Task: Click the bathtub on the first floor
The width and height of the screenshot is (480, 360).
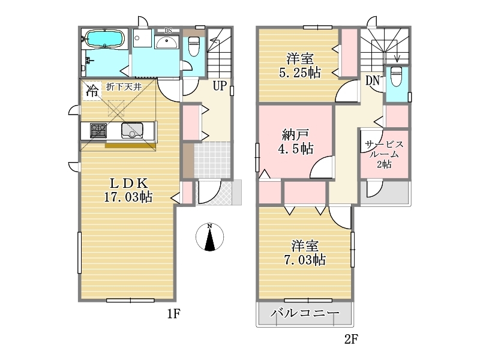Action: [104, 38]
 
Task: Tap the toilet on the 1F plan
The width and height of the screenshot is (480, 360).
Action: [193, 46]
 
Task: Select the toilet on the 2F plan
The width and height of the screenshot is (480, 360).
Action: [396, 76]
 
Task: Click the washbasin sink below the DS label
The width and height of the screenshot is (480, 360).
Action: [166, 42]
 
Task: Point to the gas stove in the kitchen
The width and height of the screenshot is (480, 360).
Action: [98, 130]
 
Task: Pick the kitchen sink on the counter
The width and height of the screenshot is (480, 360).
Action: [132, 130]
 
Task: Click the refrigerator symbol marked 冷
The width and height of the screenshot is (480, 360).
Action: [92, 91]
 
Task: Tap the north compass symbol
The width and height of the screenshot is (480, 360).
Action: [209, 237]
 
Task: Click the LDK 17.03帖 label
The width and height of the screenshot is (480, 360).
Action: [128, 190]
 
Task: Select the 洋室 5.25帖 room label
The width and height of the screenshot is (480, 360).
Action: [300, 65]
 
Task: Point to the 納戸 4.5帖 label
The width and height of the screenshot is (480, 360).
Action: [296, 142]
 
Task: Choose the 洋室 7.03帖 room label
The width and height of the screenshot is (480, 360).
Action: [305, 253]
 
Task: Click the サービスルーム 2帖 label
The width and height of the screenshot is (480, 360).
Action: [384, 154]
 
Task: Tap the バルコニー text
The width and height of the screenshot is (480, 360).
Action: [305, 313]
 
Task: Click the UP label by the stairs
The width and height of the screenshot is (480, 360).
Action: [220, 86]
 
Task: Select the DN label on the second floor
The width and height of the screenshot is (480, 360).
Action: [372, 80]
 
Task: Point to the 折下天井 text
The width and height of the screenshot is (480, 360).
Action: [124, 87]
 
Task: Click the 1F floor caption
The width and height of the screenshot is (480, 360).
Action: [173, 314]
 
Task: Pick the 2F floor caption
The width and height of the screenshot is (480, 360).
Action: [351, 339]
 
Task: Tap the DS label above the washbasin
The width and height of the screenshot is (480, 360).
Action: [169, 31]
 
